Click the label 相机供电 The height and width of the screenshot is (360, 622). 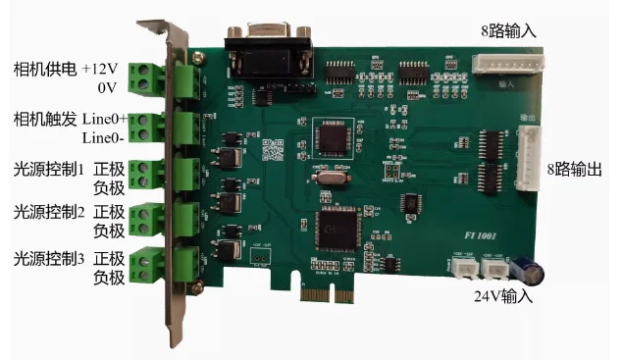(x=43, y=70)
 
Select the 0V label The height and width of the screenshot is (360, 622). (x=109, y=88)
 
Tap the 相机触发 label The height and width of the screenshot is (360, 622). (x=43, y=119)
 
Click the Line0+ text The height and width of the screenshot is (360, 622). (x=103, y=119)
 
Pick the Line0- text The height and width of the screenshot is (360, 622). (x=103, y=136)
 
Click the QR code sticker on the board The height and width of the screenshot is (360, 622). (x=278, y=152)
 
